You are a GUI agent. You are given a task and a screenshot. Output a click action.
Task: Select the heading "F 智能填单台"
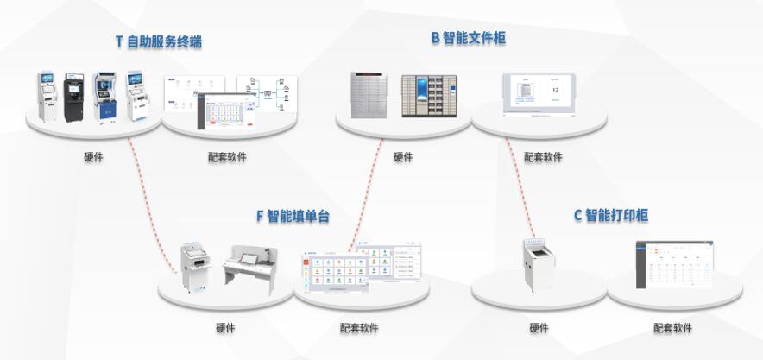[293, 216]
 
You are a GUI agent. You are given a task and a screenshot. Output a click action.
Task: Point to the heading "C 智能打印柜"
[610, 215]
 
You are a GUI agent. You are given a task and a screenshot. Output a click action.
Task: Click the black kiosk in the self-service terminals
[74, 98]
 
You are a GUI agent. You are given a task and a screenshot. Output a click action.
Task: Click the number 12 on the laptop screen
[556, 89]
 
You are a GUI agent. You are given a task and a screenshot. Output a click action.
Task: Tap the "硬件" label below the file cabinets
[403, 157]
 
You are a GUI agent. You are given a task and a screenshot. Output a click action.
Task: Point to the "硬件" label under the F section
[225, 328]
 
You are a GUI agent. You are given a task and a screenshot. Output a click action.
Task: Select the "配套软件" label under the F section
[359, 328]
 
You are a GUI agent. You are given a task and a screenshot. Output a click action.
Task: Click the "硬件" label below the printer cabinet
[539, 328]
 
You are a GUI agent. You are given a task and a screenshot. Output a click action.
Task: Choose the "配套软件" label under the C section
[672, 328]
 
